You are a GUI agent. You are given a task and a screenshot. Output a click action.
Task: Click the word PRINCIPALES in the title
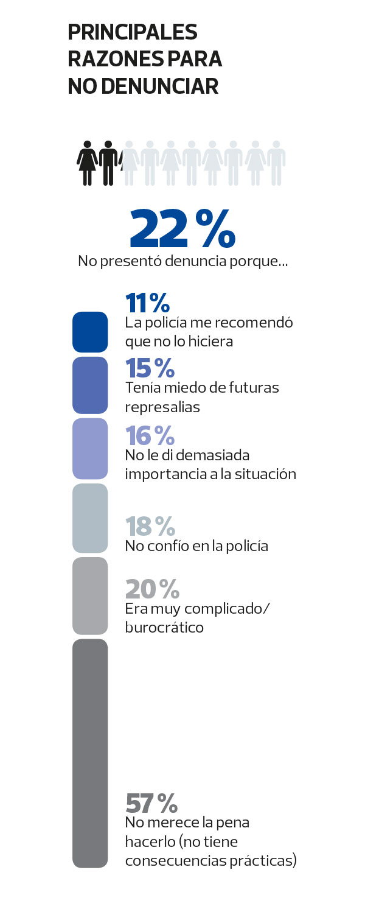pos(133,33)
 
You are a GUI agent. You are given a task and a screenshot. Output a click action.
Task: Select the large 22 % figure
pos(182,229)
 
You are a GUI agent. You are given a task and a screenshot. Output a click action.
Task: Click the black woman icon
pos(89,163)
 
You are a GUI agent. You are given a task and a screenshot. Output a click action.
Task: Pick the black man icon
pos(108,163)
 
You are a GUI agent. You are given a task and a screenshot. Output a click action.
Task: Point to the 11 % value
pos(147,303)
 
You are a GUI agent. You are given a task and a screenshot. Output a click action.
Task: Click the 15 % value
pos(150,368)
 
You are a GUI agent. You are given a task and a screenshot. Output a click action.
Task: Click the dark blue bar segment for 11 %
pos(90,332)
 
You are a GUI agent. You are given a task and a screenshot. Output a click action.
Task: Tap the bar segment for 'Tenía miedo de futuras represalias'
pos(90,386)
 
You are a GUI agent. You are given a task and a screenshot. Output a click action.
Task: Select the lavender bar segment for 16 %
pos(90,448)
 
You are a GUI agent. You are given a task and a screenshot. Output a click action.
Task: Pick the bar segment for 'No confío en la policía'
pos(90,518)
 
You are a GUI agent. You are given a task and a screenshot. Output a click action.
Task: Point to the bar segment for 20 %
pos(90,596)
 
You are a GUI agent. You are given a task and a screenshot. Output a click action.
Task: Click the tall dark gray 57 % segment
pos(90,753)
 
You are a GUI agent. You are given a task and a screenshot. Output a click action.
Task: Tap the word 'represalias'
pos(162,408)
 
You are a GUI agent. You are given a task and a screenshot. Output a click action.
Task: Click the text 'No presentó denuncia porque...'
pos(182,262)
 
